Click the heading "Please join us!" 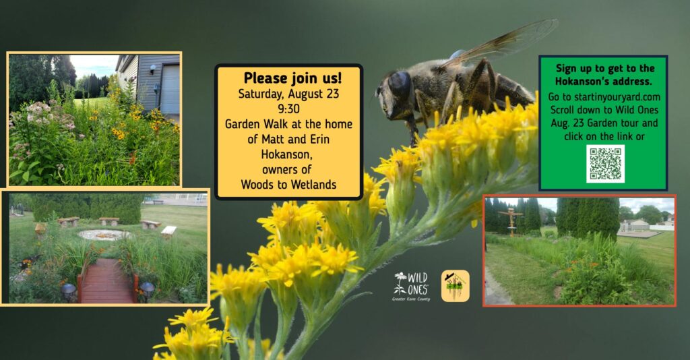292,78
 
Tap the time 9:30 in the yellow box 288,109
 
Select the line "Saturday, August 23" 288,94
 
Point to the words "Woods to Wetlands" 288,185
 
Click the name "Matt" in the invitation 273,139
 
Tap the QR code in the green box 605,164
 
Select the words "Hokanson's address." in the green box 603,82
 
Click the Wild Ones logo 411,284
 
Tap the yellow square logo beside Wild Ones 456,286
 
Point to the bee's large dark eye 399,84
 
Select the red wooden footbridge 106,280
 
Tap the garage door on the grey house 170,90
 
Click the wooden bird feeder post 511,222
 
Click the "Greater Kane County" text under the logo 411,299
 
